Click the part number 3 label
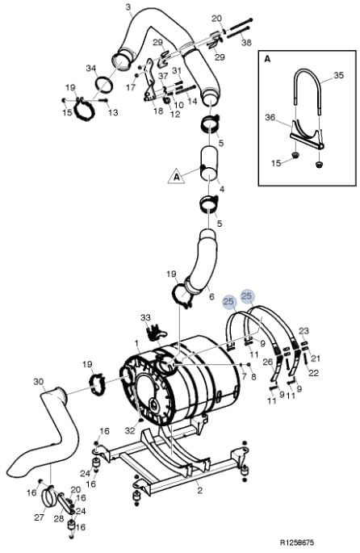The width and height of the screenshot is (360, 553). [x=128, y=6]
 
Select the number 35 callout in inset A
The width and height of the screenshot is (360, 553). [x=338, y=75]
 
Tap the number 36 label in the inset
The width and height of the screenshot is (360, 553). [x=270, y=117]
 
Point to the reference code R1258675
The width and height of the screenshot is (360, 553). [x=297, y=543]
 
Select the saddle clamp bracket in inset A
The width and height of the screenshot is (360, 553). [x=307, y=135]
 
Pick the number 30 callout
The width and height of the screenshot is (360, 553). [x=39, y=382]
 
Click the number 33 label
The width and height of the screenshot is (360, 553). [x=145, y=317]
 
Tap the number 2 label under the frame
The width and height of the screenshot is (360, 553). [x=199, y=490]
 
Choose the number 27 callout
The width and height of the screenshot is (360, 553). [x=39, y=517]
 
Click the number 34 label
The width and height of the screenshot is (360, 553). [x=91, y=68]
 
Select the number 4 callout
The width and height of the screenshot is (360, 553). [x=222, y=189]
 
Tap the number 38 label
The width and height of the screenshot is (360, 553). [x=246, y=42]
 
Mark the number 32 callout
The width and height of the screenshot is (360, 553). [x=130, y=430]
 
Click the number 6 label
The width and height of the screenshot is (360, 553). [x=211, y=296]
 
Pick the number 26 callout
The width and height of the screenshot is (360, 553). [x=268, y=362]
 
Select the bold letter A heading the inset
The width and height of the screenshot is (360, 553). [x=268, y=59]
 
